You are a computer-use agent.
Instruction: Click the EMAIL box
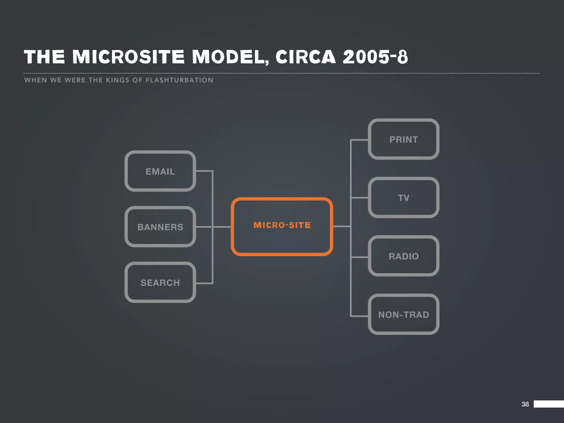[x=160, y=171]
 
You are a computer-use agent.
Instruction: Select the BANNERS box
[x=160, y=227]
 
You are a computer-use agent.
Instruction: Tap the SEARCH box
[x=160, y=282]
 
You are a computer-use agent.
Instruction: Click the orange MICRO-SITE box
[x=282, y=226]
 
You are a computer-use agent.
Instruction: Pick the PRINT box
[x=403, y=139]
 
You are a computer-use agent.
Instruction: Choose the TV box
[x=403, y=197]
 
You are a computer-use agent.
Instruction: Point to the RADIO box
[x=403, y=256]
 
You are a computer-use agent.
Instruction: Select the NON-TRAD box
[x=403, y=314]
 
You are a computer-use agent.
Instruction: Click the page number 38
[x=525, y=404]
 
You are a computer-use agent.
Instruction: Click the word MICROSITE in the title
[x=128, y=57]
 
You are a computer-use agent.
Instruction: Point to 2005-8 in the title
[x=375, y=57]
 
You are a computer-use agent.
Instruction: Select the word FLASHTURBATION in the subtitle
[x=179, y=80]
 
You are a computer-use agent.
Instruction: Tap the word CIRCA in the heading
[x=306, y=57]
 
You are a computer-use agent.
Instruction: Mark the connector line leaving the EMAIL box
[x=204, y=171]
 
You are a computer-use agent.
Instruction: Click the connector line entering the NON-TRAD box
[x=359, y=316]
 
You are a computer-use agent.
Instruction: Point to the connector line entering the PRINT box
[x=359, y=140]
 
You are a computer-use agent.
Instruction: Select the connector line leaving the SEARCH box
[x=204, y=283]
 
